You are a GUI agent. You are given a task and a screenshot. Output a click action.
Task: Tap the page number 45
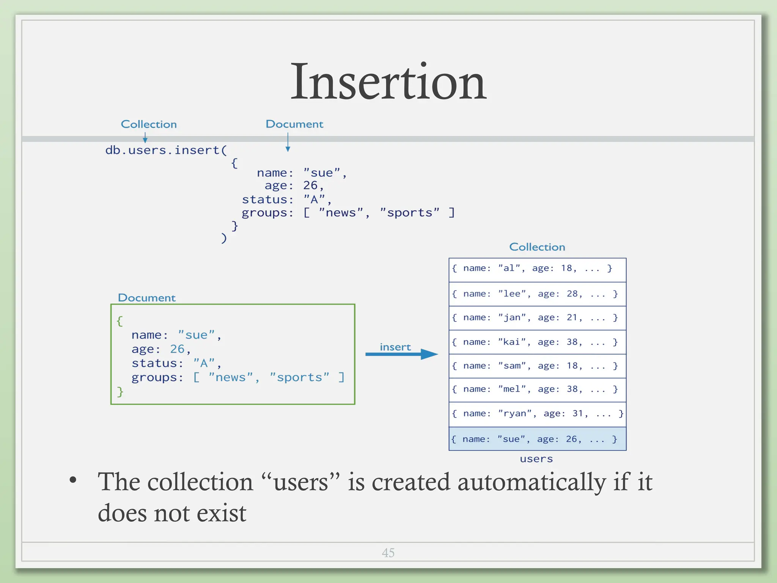[388, 553]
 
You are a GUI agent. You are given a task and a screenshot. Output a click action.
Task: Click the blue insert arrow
[401, 354]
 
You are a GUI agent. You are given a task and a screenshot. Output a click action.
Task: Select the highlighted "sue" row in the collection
[537, 439]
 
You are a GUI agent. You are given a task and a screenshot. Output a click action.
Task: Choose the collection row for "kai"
[537, 342]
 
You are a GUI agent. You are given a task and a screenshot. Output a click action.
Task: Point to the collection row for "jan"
[537, 318]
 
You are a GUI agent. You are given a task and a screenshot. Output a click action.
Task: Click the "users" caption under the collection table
[536, 459]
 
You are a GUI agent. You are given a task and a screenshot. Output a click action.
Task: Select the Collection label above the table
[537, 247]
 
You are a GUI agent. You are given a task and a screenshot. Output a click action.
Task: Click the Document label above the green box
[147, 298]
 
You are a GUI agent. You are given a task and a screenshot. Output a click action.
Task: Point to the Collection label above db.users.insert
[149, 124]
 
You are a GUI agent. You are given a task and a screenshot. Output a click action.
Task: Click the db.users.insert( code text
[166, 150]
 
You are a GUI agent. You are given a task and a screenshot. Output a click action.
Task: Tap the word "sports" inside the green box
[299, 377]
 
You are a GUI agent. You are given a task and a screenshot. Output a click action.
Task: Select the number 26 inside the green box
[177, 349]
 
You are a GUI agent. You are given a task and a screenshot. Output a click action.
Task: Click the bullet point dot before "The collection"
[73, 480]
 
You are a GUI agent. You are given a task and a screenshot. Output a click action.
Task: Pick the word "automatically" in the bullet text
[532, 482]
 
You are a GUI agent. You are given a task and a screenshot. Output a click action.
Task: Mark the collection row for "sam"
[537, 366]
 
